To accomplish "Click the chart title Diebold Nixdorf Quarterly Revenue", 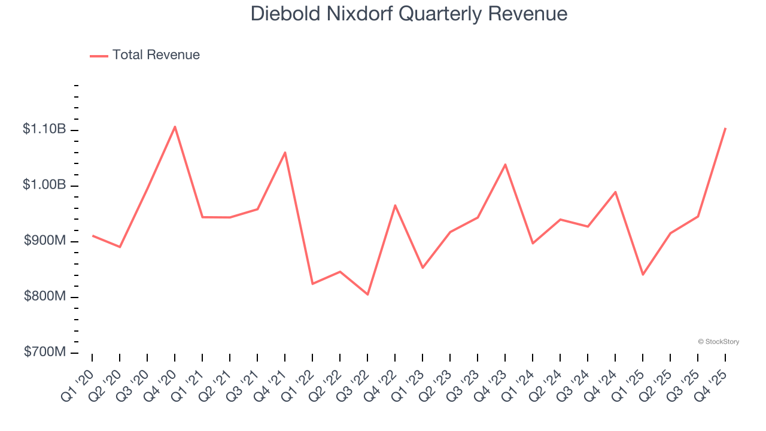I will click(409, 13).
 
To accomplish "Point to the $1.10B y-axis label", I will click(44, 129).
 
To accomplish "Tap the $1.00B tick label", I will click(44, 185).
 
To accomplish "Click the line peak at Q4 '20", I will click(175, 126).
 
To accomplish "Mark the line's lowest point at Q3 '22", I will click(367, 295).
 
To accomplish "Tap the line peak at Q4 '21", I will click(285, 152).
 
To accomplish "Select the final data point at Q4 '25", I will click(725, 128).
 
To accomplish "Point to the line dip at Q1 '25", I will click(643, 274).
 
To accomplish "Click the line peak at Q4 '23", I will click(505, 164).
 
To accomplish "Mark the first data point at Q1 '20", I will click(92, 235).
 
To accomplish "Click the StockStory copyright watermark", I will click(718, 342).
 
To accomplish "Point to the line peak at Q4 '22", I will click(395, 205).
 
